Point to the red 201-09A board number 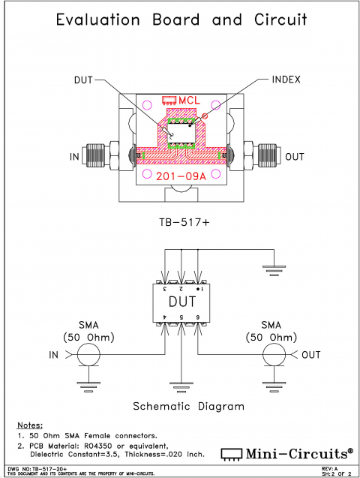tap(180, 177)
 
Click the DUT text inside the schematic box tap(181, 302)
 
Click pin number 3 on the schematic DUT tap(165, 288)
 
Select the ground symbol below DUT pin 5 tap(181, 382)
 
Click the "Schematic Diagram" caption tap(188, 406)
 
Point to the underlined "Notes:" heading tap(29, 425)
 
